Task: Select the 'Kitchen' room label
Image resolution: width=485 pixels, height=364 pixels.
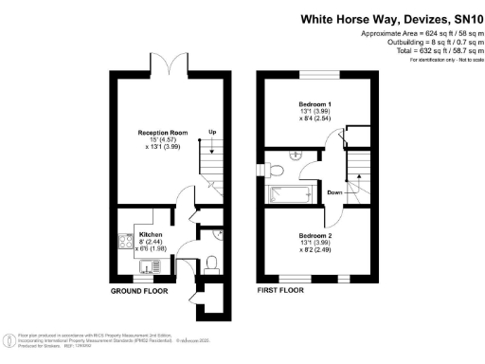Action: pos(152,233)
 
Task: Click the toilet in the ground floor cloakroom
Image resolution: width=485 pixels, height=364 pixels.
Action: pos(212,262)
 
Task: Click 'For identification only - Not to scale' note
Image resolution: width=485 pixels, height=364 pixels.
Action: pos(442,60)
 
